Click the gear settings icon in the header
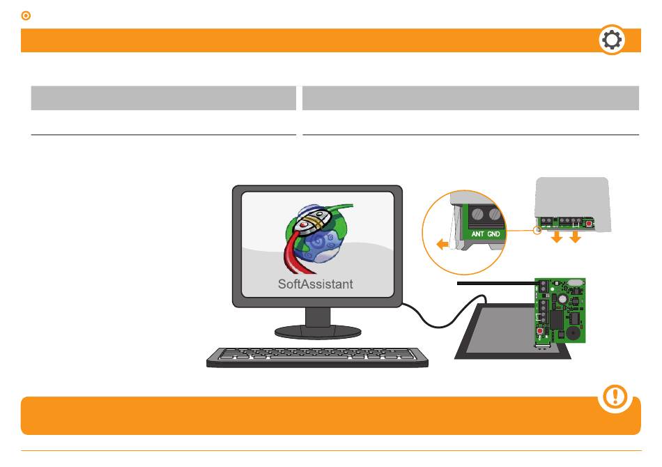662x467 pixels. coord(612,40)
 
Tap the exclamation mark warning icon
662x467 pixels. coord(615,396)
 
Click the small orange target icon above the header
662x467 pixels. coord(26,15)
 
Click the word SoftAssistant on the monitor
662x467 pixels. coord(316,284)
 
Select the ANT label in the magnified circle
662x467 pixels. coord(477,234)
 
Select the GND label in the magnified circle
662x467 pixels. coord(493,234)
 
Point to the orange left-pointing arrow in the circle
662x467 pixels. coord(442,244)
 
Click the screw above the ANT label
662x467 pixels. coord(477,214)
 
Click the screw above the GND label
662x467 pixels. coord(494,214)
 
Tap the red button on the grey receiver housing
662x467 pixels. coord(589,223)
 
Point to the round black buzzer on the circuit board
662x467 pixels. coord(573,332)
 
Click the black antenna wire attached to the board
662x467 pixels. coord(497,283)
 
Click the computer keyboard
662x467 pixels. coord(317,357)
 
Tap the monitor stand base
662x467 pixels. coord(318,332)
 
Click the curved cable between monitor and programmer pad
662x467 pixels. coord(443,312)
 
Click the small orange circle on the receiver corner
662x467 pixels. coord(537,230)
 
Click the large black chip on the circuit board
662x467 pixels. coord(557,320)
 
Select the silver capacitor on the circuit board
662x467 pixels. coord(562,299)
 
